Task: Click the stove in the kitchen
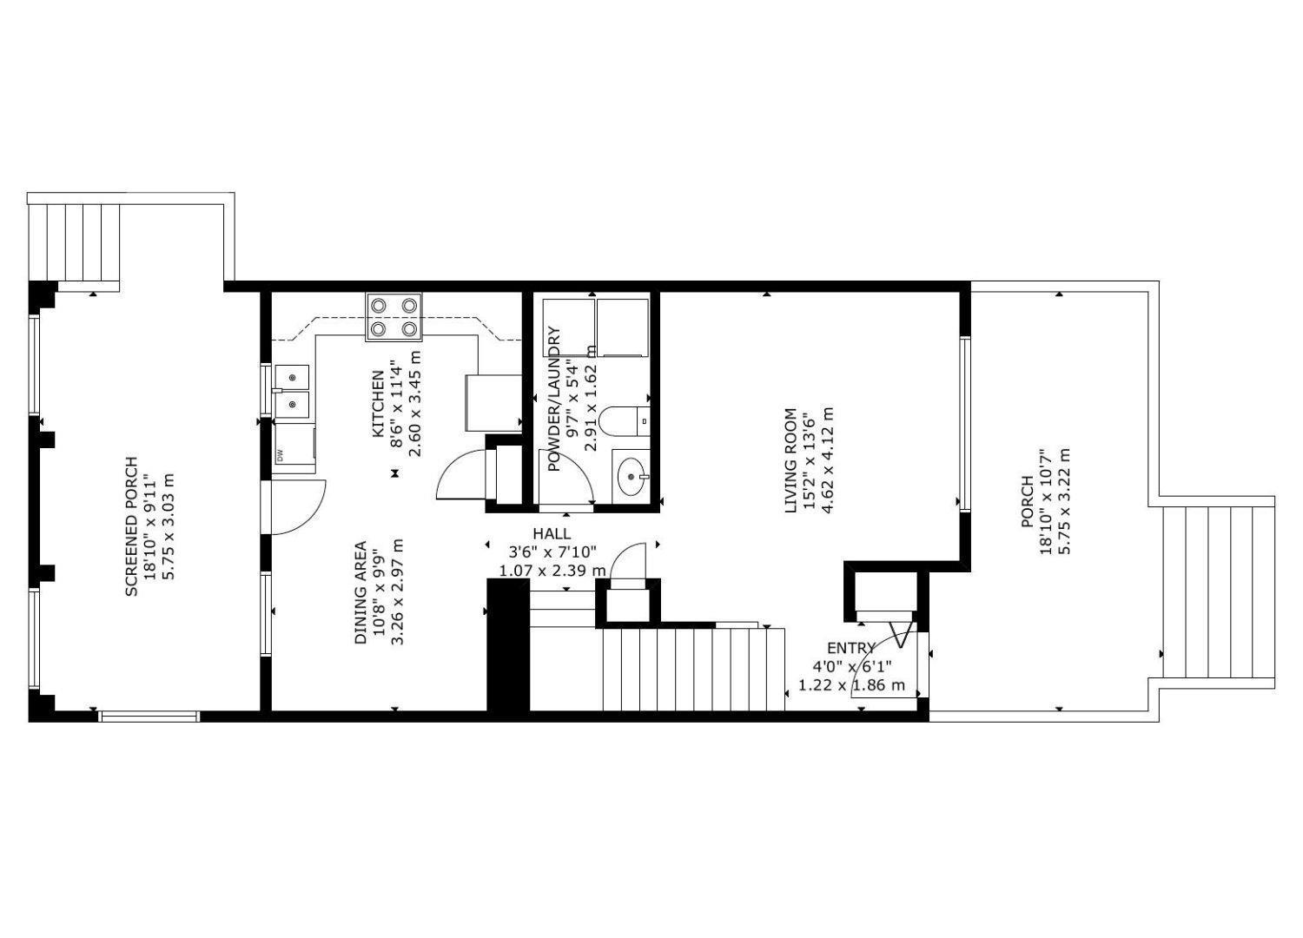click(394, 317)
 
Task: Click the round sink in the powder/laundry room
click(631, 475)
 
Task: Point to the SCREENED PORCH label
click(132, 526)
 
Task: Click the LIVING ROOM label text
click(790, 460)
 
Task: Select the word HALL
click(552, 533)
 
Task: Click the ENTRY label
click(850, 648)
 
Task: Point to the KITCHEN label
click(379, 405)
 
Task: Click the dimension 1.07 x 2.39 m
click(552, 571)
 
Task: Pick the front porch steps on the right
click(1218, 592)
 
